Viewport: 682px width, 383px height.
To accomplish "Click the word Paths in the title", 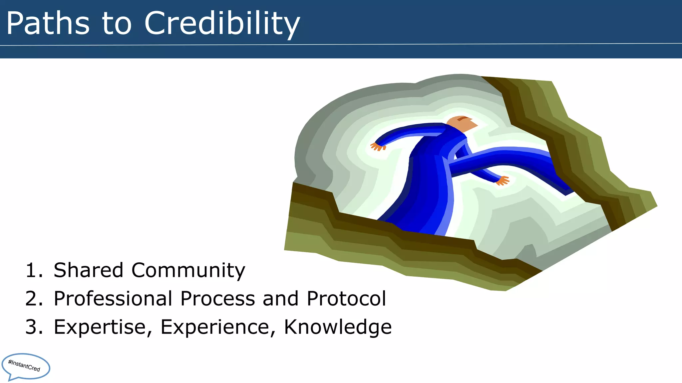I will [48, 23].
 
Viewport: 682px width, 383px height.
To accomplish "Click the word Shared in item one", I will [88, 270].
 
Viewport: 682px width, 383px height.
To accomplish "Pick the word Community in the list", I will [188, 271].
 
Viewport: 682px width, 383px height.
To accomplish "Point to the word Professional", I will [113, 299].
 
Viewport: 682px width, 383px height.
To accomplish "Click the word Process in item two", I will [217, 299].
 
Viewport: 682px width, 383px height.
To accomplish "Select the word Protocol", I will [346, 299].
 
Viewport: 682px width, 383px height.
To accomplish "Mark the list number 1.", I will [34, 270].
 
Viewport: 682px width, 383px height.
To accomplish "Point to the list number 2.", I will [34, 299].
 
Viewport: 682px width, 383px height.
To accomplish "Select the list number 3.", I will [34, 327].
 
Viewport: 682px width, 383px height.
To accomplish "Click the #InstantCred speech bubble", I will [25, 366].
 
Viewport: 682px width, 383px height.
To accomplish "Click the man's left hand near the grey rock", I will [378, 146].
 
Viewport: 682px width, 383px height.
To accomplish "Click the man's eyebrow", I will [463, 118].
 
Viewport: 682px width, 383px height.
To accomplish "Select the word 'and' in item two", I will [280, 299].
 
